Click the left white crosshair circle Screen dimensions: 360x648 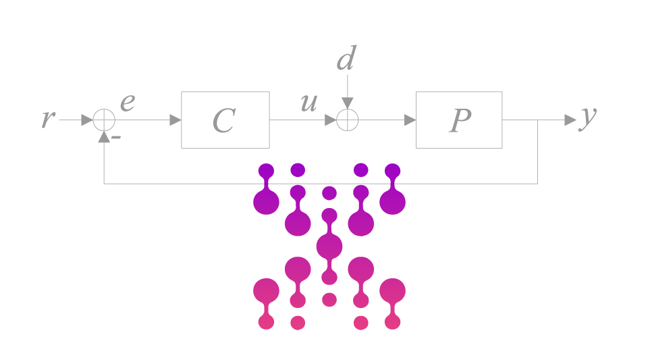104,120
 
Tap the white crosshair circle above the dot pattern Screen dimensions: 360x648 347,120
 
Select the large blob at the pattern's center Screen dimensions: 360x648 329,247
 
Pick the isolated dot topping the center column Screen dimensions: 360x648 329,193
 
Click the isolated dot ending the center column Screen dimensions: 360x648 329,299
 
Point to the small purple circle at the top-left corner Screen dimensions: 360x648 266,171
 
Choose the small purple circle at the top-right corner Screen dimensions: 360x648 392,171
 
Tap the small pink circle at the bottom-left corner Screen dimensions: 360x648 266,322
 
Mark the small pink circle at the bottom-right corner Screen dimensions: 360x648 392,322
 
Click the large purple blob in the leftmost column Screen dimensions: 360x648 266,202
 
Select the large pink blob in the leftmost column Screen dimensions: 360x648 266,290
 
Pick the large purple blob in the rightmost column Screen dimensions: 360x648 392,202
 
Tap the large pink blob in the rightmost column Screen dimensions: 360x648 392,290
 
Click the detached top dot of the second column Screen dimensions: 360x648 298,170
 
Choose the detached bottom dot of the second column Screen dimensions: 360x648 298,323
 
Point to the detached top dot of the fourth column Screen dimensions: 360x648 361,170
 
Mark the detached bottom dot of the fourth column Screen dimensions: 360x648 361,323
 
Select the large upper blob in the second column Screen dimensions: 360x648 298,224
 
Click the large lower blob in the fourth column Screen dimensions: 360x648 361,269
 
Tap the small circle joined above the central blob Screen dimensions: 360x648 329,215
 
